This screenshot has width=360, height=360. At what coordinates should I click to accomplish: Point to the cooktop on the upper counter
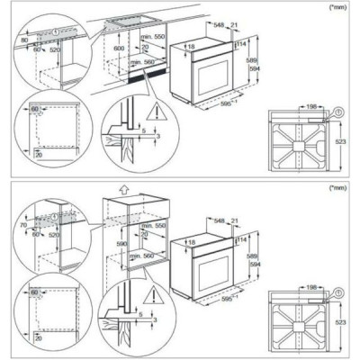pyautogui.click(x=123, y=22)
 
